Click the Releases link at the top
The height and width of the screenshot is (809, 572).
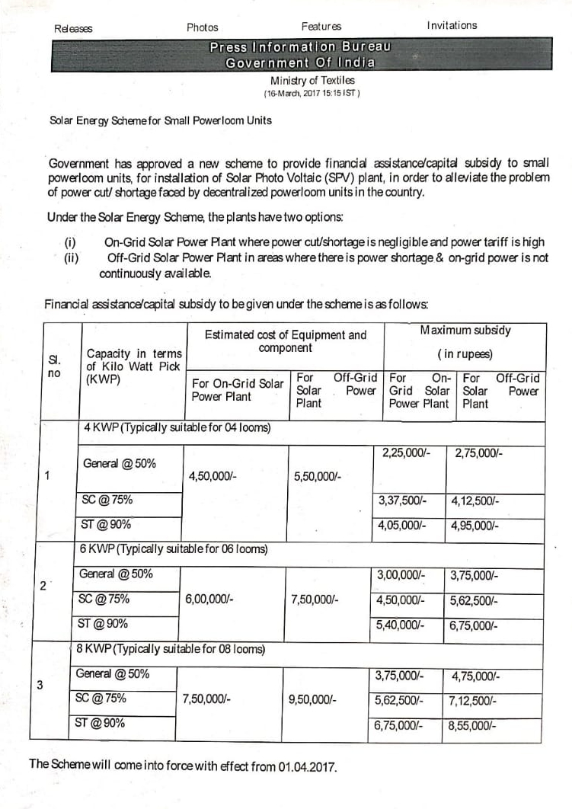[73, 28]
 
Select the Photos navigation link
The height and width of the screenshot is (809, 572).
[202, 27]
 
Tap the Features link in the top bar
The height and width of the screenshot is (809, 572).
[321, 27]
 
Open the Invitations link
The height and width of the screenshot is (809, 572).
[452, 25]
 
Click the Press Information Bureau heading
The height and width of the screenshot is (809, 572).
[300, 46]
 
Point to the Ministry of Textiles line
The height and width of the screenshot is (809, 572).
[312, 80]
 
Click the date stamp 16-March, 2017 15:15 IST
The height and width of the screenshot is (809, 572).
[312, 93]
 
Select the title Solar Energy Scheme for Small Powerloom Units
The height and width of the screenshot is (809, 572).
[160, 120]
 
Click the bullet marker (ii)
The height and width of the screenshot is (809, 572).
[73, 257]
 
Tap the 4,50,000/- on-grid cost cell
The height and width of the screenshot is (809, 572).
[213, 477]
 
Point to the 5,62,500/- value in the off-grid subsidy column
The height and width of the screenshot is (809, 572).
[474, 600]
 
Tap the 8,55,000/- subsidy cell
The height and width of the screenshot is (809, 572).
[473, 726]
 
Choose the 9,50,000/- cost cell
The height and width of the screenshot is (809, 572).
[313, 699]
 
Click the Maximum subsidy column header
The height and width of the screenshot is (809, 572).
[465, 331]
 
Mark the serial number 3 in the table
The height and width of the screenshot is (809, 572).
[39, 684]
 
